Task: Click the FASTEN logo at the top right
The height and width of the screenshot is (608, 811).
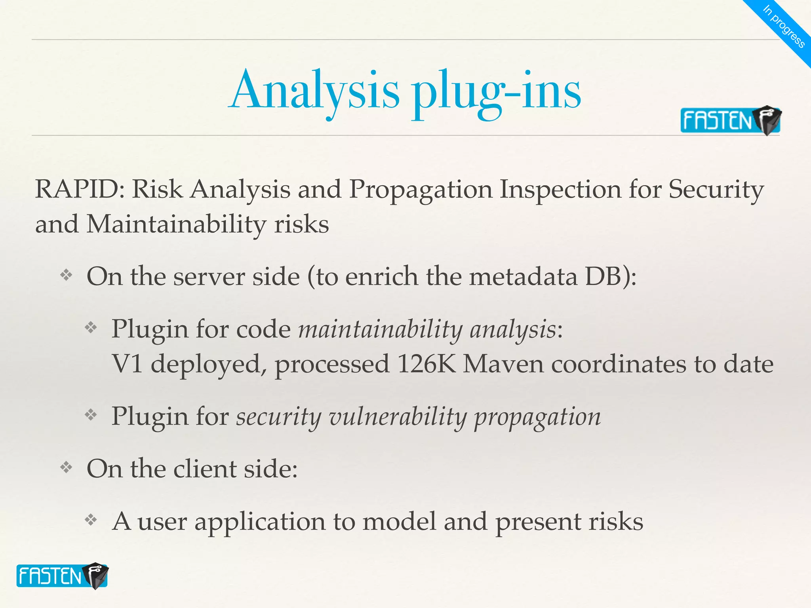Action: pyautogui.click(x=730, y=120)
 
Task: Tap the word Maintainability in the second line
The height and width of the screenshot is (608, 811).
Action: pyautogui.click(x=177, y=224)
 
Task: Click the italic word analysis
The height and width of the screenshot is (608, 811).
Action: pyautogui.click(x=513, y=329)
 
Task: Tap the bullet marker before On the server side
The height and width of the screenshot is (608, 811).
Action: pyautogui.click(x=66, y=275)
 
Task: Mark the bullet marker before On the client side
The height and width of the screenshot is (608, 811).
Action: pyautogui.click(x=66, y=468)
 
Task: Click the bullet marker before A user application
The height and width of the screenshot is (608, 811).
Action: pyautogui.click(x=91, y=520)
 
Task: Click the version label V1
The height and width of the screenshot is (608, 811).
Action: pyautogui.click(x=127, y=364)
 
